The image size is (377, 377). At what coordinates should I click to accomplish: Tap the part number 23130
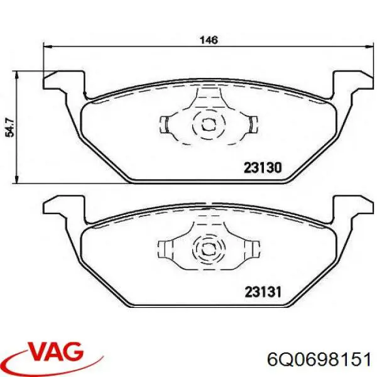pos(261,168)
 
